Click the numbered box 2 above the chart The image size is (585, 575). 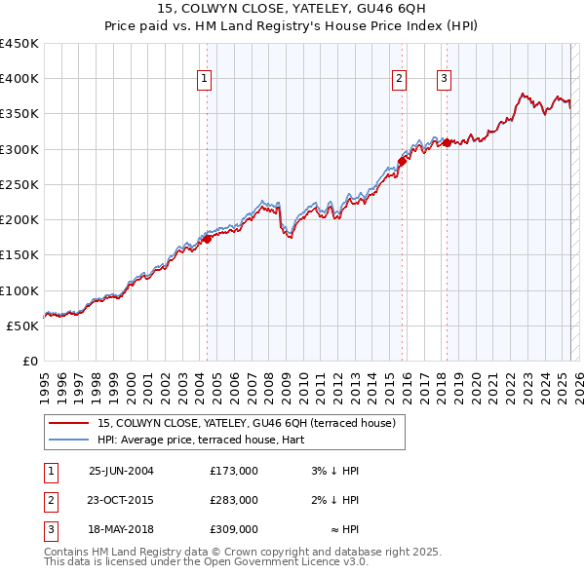point(400,80)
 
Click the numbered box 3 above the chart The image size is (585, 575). point(445,80)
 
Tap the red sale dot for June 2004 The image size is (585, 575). point(207,238)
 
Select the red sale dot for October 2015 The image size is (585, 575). point(402,162)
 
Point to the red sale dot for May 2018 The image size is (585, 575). point(447,143)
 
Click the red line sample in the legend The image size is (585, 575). point(68,423)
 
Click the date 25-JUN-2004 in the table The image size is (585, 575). point(121,471)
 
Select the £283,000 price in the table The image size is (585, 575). point(234,500)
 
